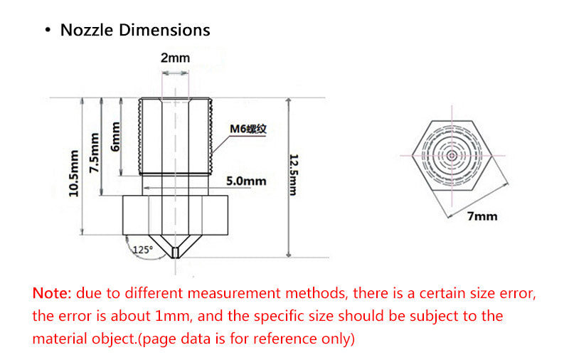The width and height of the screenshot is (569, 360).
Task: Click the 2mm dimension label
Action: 175,58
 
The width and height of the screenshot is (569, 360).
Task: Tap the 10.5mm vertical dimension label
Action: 74,174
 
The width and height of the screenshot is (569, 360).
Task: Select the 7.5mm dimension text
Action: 94,153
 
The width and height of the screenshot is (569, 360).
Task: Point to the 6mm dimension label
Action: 115,137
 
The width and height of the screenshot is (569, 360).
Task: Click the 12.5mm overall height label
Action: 294,175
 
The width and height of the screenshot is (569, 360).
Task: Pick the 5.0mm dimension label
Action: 246,181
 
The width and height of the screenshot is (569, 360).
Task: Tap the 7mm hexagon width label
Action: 482,216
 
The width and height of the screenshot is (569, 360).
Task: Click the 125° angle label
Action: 143,250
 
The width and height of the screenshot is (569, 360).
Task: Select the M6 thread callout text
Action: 248,129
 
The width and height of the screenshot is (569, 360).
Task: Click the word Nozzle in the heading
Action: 87,30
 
